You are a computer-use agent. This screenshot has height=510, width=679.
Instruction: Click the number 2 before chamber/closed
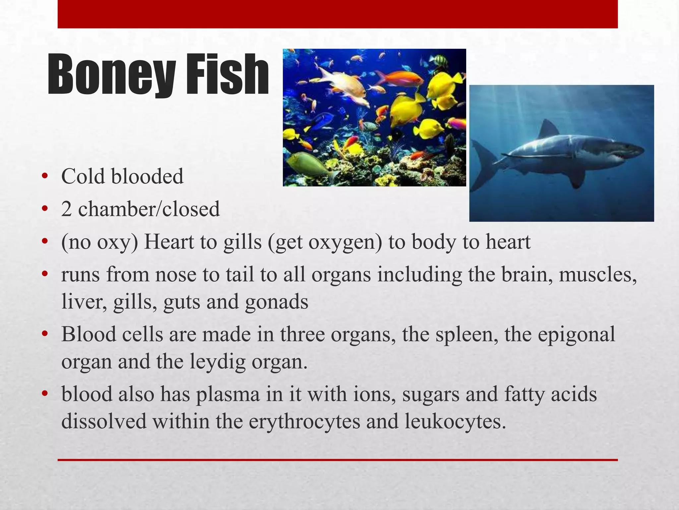tap(66, 209)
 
